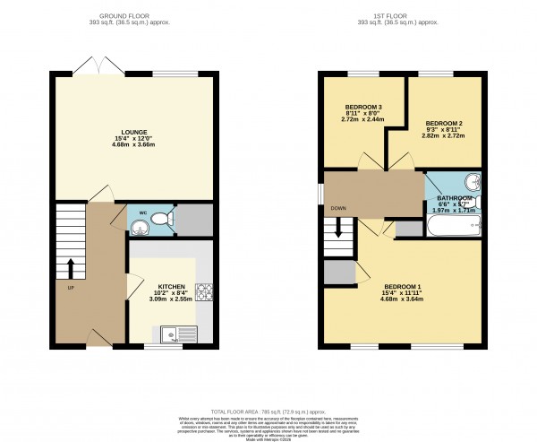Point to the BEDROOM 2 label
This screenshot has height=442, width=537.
443,123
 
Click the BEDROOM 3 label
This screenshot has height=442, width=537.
362,107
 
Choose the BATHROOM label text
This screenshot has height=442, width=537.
454,198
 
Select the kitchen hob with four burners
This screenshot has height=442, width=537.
203,292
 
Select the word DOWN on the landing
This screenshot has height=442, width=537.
338,208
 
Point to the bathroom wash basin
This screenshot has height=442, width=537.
473,183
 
